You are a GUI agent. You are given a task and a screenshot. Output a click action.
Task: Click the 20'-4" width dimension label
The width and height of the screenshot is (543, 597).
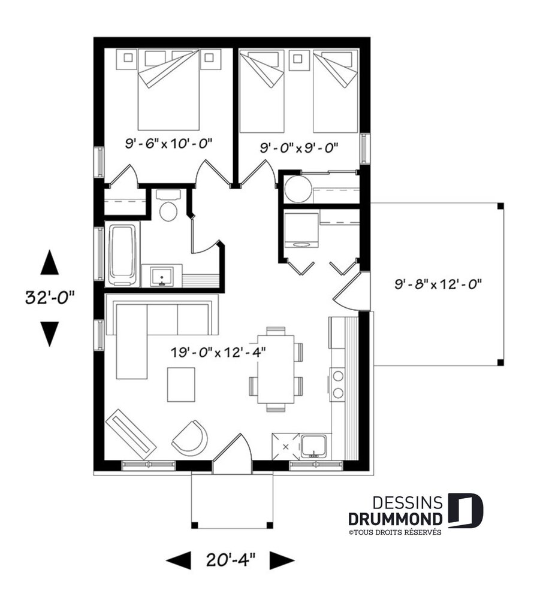point(231,560)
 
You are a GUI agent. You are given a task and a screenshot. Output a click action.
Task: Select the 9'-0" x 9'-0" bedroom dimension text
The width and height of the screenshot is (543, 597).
point(300,147)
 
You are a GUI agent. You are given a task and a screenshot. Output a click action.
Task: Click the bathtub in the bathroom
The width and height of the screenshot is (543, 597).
point(122,254)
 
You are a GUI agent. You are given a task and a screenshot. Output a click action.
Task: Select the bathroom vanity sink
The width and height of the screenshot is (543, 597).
point(161,276)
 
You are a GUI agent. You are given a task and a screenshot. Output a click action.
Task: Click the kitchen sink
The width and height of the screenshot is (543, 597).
point(315,446)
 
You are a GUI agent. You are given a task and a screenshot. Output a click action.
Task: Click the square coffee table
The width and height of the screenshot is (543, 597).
point(181,384)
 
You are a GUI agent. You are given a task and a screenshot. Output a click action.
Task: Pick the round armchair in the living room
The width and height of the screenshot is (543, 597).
point(191,438)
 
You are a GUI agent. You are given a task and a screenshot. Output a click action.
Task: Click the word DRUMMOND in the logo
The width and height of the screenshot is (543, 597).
point(396,519)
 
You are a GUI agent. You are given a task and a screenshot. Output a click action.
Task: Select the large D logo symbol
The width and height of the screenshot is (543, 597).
point(465,511)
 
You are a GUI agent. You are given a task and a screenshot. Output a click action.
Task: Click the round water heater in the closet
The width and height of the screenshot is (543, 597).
point(297,189)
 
